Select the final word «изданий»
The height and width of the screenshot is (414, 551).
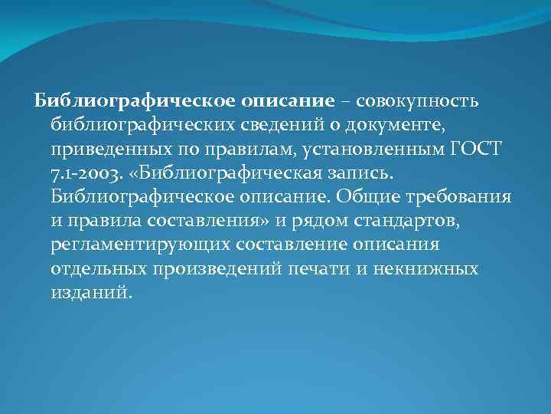pyautogui.click(x=91, y=292)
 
